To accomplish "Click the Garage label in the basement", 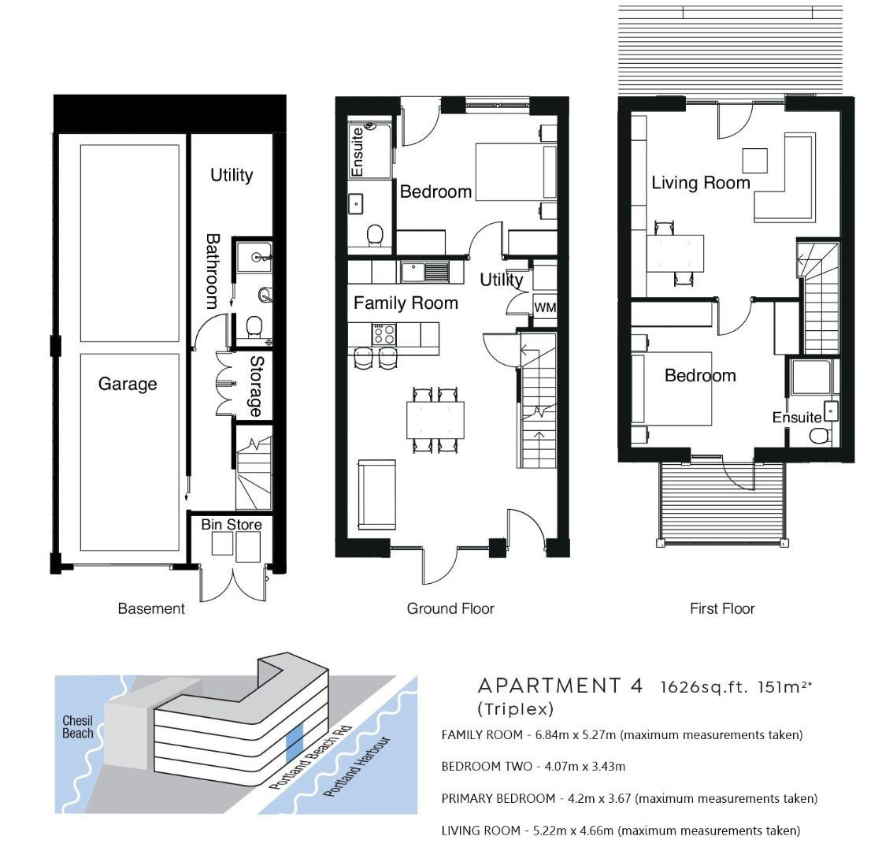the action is [x=128, y=385].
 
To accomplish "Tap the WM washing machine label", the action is [x=545, y=308].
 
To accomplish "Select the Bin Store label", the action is [x=232, y=525].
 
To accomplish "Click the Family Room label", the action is [x=406, y=303].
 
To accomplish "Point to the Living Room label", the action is [x=701, y=183].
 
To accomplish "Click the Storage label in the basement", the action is [x=256, y=386].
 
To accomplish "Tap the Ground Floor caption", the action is [x=450, y=609].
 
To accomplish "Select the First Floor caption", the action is [x=722, y=609].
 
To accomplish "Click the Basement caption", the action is [x=151, y=609].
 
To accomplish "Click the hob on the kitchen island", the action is [x=384, y=334].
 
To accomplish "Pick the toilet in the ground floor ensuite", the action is [x=375, y=235].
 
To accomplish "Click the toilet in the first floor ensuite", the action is [x=820, y=437].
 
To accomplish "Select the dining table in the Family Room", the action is [x=435, y=420].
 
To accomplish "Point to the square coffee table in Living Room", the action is [x=754, y=160].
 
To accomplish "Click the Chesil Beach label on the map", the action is [x=77, y=727].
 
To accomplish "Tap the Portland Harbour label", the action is [x=357, y=767].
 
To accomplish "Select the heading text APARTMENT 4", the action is [x=561, y=686].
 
